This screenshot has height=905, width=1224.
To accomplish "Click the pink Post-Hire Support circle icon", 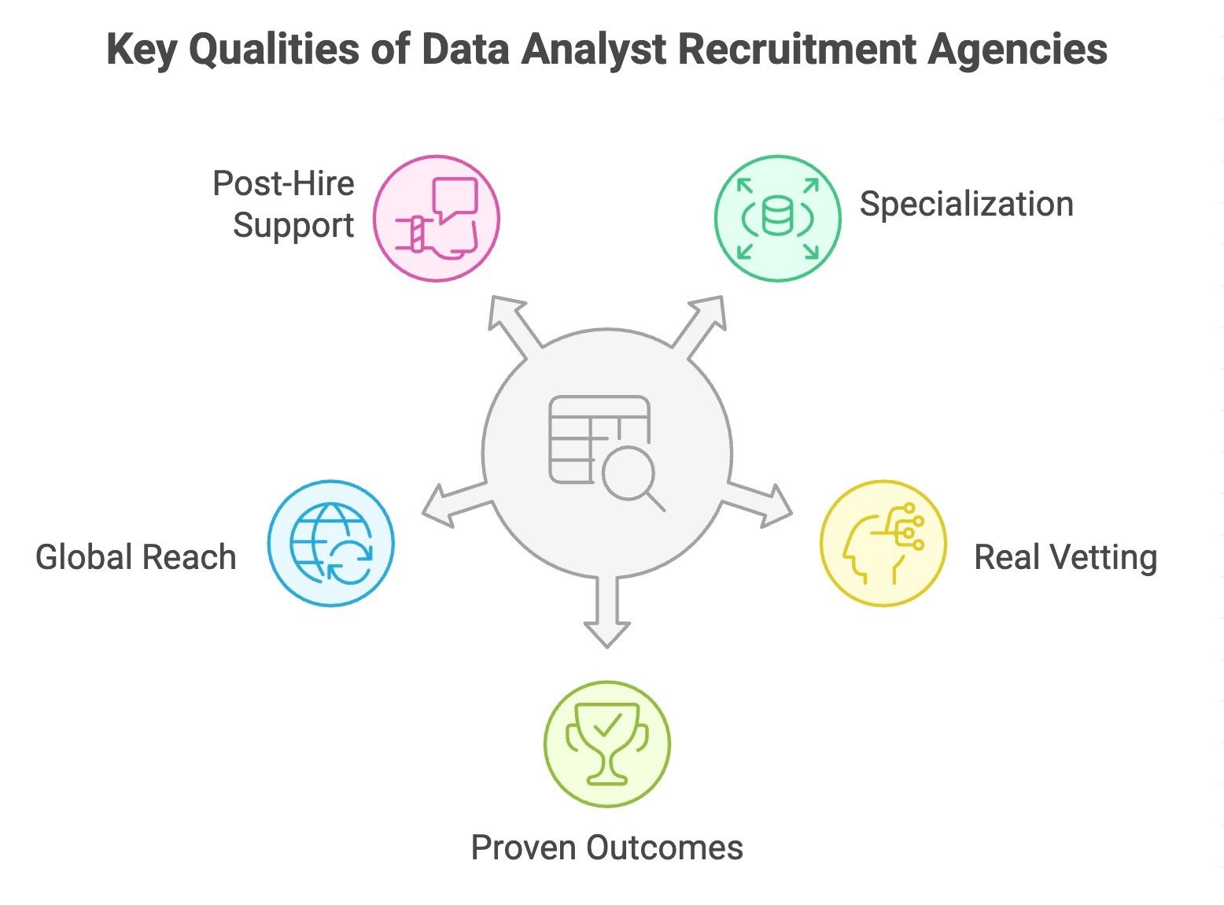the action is pos(437,218).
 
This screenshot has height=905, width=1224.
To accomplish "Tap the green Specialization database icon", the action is pos(777,218).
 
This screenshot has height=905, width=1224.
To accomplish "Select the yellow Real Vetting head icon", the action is pos(883,543).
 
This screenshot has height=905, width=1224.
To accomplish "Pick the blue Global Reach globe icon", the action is pos(330,543).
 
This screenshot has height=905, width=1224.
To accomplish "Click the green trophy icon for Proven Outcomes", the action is pos(606,744).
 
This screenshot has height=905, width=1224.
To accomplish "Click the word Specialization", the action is pos(966,205).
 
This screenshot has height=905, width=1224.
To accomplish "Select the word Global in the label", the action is pos(85,557).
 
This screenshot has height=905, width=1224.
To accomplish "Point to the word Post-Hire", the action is pos(283,184).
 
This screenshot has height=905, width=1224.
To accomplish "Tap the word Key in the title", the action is pos(142,49).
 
